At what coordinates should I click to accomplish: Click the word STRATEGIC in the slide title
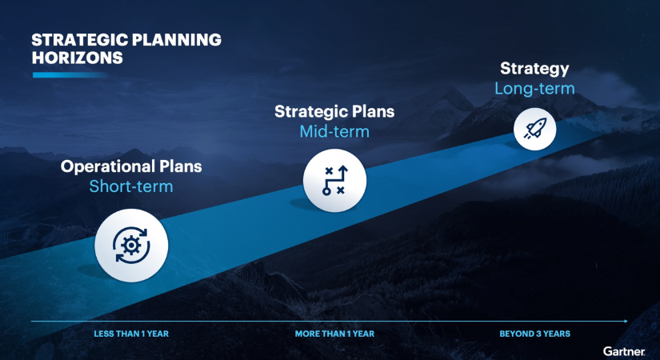[79, 39]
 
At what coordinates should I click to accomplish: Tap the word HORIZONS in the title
[77, 58]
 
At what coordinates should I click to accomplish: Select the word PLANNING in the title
[177, 39]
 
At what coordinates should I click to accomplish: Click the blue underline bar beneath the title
[70, 75]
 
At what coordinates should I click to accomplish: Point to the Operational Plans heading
[131, 166]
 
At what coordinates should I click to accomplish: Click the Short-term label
[131, 186]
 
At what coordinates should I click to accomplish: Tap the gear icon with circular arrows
[131, 245]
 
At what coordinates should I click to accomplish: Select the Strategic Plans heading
[334, 112]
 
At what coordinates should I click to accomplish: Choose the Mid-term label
[334, 132]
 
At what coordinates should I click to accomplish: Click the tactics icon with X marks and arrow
[334, 180]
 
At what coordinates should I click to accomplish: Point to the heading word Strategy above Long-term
[534, 69]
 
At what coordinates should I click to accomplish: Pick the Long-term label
[534, 89]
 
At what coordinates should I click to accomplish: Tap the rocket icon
[535, 129]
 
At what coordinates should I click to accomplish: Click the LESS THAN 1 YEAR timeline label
[131, 334]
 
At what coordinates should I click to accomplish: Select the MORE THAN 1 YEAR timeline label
[334, 334]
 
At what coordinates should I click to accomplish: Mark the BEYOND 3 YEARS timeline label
[535, 334]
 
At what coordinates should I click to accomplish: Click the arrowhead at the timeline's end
[626, 322]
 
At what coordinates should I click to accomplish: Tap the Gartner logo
[624, 351]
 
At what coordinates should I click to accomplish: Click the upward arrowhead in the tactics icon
[343, 169]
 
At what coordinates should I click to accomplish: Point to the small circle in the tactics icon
[326, 191]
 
